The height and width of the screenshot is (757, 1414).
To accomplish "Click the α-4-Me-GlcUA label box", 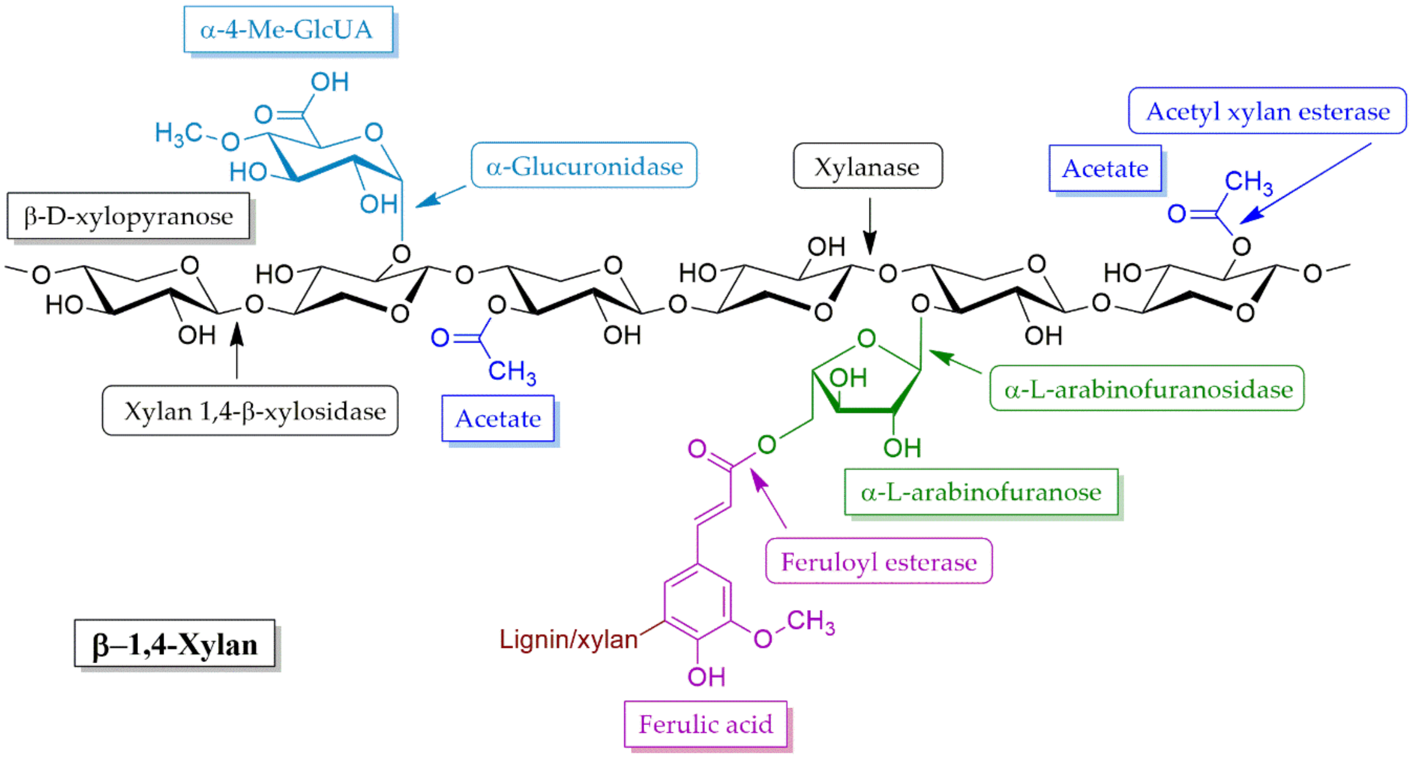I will (288, 30).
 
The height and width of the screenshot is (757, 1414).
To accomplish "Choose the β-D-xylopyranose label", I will (128, 216).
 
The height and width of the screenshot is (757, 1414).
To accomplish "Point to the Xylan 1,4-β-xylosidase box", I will (250, 411).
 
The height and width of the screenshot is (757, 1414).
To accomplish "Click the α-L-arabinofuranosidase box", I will (1147, 389).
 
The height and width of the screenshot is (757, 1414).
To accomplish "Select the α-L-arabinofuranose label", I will (981, 492).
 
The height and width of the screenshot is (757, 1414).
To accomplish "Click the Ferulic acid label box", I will (706, 724).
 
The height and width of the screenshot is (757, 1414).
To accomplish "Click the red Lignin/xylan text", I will (568, 639).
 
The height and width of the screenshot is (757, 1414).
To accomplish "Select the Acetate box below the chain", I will (498, 418).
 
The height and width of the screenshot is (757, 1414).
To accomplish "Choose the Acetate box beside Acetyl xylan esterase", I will (1105, 168).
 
